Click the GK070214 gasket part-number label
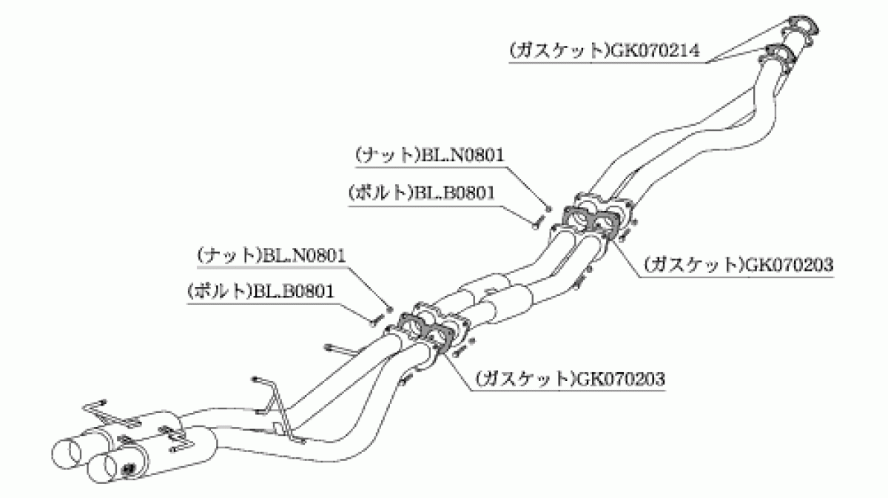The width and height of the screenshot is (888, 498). click(x=605, y=51)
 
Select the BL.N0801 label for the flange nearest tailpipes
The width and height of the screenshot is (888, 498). click(x=272, y=255)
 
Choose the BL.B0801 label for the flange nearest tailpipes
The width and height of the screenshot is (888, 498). click(x=260, y=292)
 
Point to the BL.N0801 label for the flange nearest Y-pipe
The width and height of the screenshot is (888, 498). click(x=430, y=155)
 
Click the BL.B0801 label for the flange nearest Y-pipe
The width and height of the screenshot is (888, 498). click(x=422, y=192)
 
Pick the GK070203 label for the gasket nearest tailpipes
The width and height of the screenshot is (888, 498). click(x=570, y=379)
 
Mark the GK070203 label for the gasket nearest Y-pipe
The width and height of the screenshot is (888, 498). click(x=739, y=264)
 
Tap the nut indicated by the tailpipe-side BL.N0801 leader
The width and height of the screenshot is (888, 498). click(x=389, y=309)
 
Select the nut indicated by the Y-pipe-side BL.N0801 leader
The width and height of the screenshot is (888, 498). click(x=548, y=208)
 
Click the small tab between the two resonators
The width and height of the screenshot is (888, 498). click(x=489, y=292)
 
